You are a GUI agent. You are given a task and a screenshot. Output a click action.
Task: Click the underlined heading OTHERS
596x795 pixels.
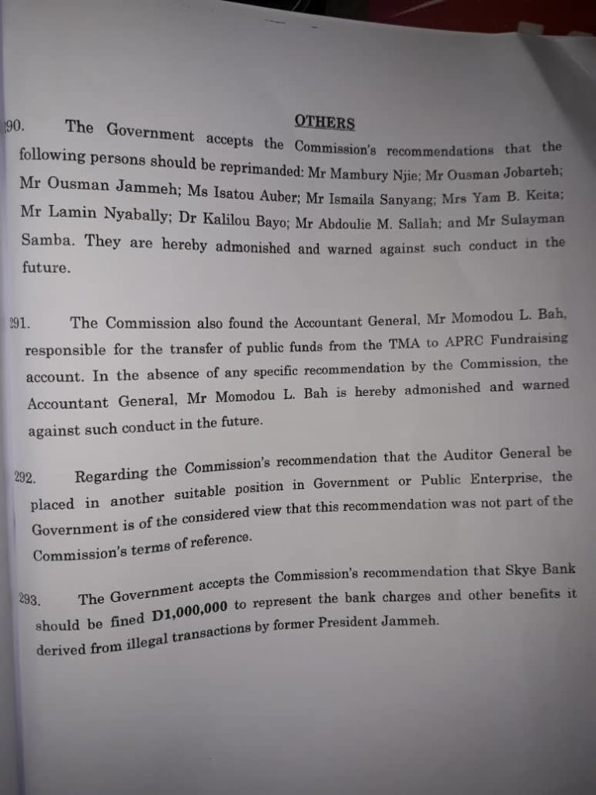(x=324, y=123)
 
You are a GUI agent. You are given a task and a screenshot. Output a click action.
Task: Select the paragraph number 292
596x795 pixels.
(x=24, y=477)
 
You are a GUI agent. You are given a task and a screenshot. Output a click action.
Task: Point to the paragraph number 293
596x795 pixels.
(x=29, y=599)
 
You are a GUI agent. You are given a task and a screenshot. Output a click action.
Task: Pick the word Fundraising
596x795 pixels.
(x=535, y=338)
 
